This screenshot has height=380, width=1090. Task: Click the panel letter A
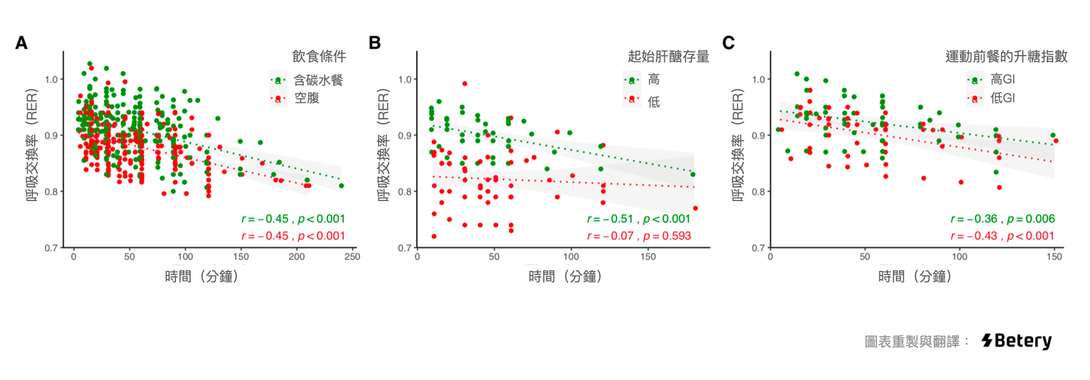pyautogui.click(x=21, y=43)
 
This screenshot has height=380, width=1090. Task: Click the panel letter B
pyautogui.click(x=375, y=43)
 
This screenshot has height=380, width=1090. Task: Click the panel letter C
pyautogui.click(x=728, y=43)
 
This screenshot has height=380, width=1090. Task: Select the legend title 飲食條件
pyautogui.click(x=319, y=56)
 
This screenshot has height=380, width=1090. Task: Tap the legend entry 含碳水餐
pyautogui.click(x=318, y=80)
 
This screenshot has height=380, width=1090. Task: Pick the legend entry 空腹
pyautogui.click(x=307, y=98)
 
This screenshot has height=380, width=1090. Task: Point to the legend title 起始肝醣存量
pyautogui.click(x=668, y=56)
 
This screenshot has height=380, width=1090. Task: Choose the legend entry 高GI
pyautogui.click(x=1002, y=80)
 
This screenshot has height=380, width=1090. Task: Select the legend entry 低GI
pyautogui.click(x=1002, y=98)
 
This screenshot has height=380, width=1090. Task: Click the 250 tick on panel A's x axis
pyautogui.click(x=352, y=257)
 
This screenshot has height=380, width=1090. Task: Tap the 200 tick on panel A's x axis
pyautogui.click(x=296, y=257)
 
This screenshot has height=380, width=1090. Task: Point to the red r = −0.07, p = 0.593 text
pyautogui.click(x=639, y=236)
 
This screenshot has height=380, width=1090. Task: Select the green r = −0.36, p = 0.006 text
pyautogui.click(x=1003, y=219)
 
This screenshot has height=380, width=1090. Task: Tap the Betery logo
pyautogui.click(x=1016, y=341)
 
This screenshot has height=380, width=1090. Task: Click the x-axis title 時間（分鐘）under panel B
pyautogui.click(x=565, y=277)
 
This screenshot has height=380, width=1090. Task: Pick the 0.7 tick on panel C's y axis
pyautogui.click(x=758, y=248)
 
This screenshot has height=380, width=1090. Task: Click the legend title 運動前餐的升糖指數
pyautogui.click(x=1006, y=56)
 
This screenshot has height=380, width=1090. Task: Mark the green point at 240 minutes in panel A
pyautogui.click(x=341, y=186)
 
